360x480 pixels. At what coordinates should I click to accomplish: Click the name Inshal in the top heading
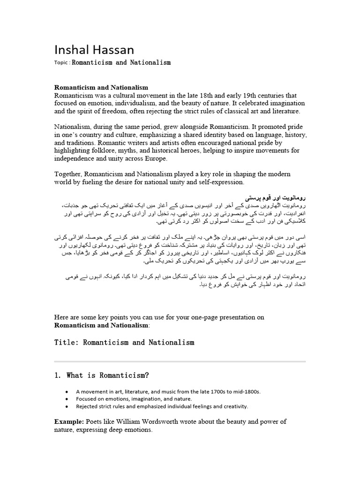tap(71, 50)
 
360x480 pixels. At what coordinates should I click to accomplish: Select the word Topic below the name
tap(62, 62)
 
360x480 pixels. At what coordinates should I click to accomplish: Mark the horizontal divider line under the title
tap(180, 361)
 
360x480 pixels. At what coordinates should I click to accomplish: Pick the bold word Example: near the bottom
tap(69, 421)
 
